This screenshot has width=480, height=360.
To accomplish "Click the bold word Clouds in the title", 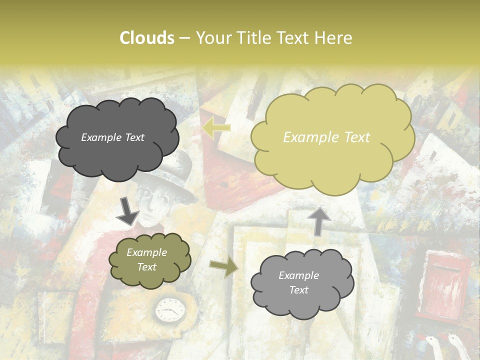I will [x=147, y=38].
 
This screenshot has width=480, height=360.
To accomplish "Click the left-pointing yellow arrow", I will [x=216, y=128].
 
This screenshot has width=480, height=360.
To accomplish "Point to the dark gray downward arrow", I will [x=127, y=210].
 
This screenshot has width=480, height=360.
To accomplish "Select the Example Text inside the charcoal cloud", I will [x=112, y=137].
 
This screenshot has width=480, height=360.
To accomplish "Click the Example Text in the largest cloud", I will [x=326, y=137].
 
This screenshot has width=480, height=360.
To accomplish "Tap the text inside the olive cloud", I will [x=146, y=260].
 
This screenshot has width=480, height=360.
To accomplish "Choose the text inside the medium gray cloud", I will [x=298, y=282].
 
